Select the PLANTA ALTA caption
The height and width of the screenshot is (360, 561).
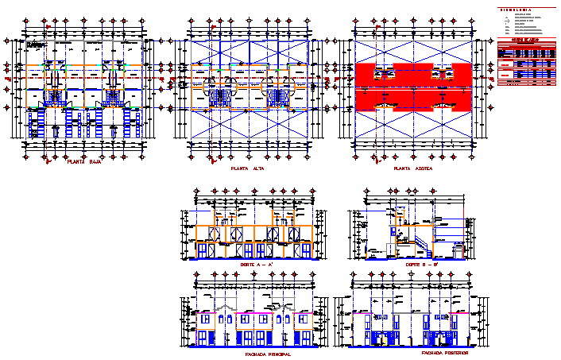coord(248,168)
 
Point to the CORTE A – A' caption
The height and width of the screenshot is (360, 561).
coord(257,263)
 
